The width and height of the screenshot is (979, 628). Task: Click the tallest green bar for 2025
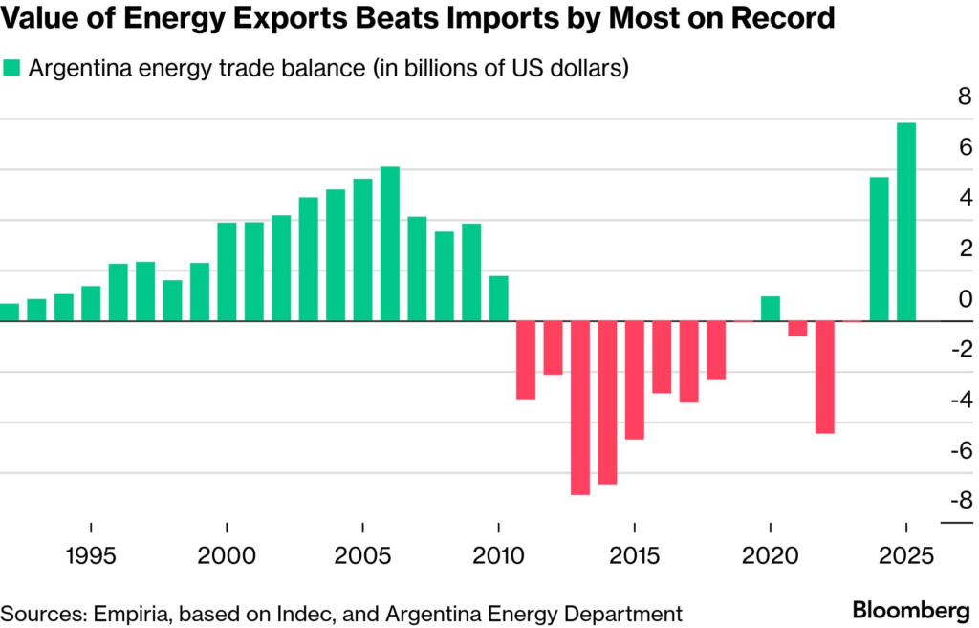tap(906, 222)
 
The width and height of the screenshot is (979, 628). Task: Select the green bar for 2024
tap(879, 249)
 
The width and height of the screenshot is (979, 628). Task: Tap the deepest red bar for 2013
tap(580, 408)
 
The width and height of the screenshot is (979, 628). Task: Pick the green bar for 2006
tap(390, 244)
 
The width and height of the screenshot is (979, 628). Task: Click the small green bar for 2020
tap(771, 309)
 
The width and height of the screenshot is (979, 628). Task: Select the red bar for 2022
tap(825, 377)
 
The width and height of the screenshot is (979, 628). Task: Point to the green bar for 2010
tap(498, 298)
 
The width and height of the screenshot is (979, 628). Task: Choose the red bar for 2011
tap(526, 359)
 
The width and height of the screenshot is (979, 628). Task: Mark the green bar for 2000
tap(228, 271)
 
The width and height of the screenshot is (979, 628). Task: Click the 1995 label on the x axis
tap(91, 555)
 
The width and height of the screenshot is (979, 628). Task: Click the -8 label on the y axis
tap(960, 501)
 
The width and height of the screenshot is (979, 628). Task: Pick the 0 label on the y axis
tap(965, 299)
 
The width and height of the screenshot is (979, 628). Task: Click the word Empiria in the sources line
tap(114, 613)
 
